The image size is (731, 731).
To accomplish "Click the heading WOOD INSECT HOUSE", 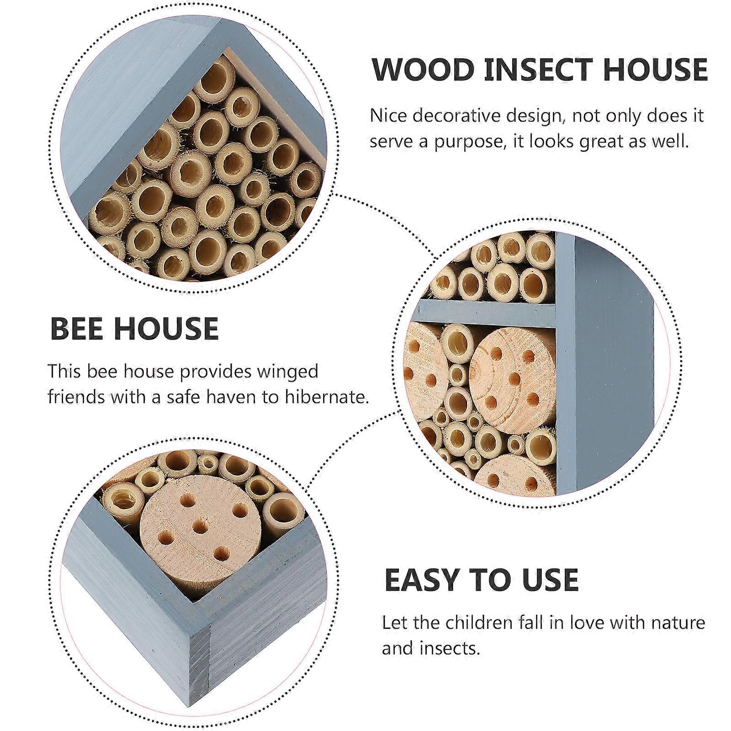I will (x=540, y=70).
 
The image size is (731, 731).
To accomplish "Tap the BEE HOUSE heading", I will (x=134, y=328).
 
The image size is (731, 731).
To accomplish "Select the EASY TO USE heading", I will (x=482, y=580).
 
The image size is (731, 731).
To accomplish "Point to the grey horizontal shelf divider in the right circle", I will (x=484, y=313).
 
